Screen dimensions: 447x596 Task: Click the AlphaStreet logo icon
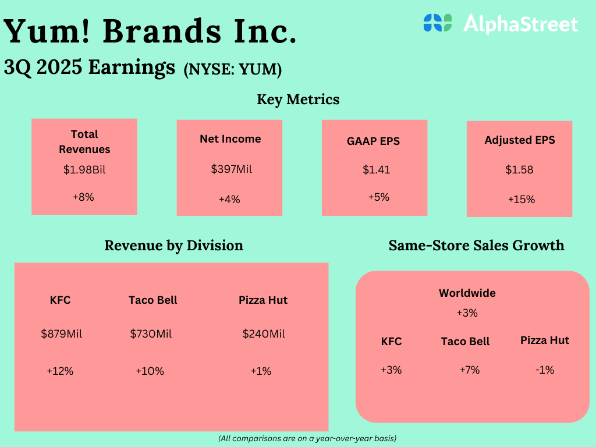(438, 23)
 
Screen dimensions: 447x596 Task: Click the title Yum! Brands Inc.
(150, 31)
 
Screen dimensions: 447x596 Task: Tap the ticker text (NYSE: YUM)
(233, 69)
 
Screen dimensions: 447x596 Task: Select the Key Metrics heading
(298, 100)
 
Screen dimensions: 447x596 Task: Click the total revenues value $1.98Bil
(84, 171)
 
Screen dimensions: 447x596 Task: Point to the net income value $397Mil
(229, 169)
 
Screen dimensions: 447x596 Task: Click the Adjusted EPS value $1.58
(519, 170)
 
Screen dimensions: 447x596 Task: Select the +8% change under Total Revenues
(83, 197)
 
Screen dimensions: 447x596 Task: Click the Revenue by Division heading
(173, 245)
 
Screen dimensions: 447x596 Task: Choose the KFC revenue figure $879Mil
(61, 334)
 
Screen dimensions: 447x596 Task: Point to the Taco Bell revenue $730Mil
(151, 334)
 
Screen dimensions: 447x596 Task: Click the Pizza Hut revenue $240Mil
(264, 334)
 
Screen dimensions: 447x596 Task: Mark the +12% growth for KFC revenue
(60, 371)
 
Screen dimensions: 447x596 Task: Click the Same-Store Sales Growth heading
(476, 245)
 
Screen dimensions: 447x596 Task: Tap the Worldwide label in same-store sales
(467, 293)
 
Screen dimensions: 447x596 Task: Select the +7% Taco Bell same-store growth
(469, 370)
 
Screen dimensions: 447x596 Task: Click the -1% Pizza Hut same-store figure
(545, 370)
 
